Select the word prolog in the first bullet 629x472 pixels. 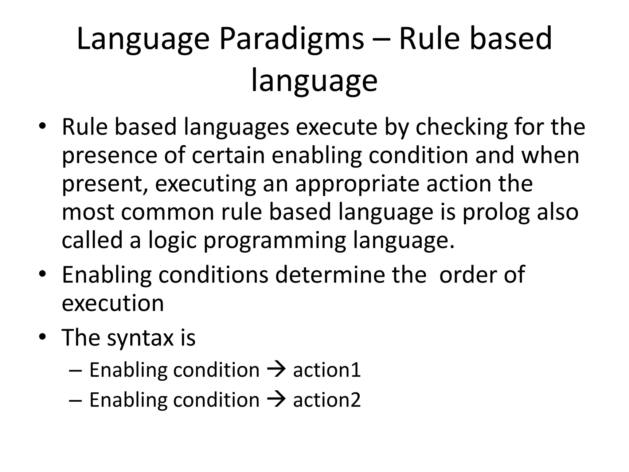[497, 213]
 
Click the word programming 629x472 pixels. [275, 241]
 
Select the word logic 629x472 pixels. [172, 241]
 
